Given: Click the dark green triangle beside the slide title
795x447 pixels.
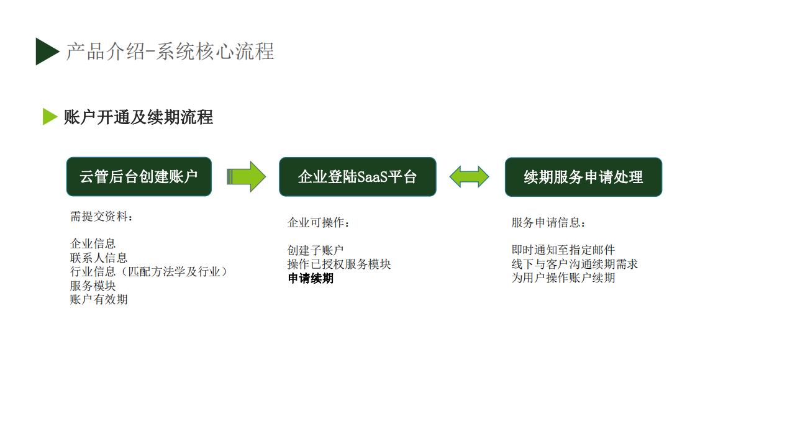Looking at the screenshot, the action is pyautogui.click(x=45, y=52).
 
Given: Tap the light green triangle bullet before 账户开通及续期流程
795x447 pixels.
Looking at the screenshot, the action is pyautogui.click(x=49, y=117).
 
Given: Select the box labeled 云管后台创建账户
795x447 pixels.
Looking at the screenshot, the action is pyautogui.click(x=139, y=177).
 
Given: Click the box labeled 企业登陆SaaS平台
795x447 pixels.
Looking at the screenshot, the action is pyautogui.click(x=357, y=177).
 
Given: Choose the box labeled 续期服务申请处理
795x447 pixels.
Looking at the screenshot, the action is pyautogui.click(x=583, y=177).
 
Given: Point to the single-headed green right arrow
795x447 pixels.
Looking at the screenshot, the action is pyautogui.click(x=247, y=177).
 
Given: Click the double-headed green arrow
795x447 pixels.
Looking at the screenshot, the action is pyautogui.click(x=469, y=177).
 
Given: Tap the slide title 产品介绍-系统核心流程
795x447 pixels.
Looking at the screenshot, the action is pyautogui.click(x=170, y=52).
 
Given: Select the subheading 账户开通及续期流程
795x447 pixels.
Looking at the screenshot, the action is pyautogui.click(x=139, y=117).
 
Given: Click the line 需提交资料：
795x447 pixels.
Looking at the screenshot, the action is pyautogui.click(x=101, y=216).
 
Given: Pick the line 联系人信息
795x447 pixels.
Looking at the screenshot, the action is pyautogui.click(x=99, y=258).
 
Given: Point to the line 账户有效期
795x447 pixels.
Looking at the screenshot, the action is pyautogui.click(x=99, y=299).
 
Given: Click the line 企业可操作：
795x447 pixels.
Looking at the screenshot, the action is pyautogui.click(x=319, y=222).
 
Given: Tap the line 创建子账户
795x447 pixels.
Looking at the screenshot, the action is pyautogui.click(x=316, y=250).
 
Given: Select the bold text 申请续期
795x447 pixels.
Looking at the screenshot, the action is pyautogui.click(x=311, y=278).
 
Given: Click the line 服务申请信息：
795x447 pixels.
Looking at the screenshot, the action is pyautogui.click(x=548, y=222).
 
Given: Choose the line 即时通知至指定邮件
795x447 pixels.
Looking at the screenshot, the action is pyautogui.click(x=563, y=250).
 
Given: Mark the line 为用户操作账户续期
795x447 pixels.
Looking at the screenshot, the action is pyautogui.click(x=563, y=278).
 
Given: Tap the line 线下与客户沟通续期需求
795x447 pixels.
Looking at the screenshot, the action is pyautogui.click(x=575, y=264).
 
